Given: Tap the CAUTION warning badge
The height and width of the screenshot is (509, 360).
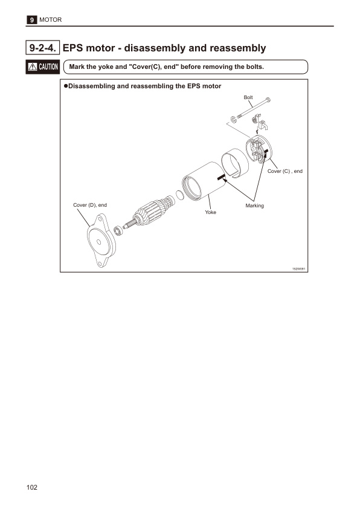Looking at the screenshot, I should [42, 66].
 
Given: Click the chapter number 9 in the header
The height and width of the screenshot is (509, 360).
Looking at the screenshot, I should [31, 21].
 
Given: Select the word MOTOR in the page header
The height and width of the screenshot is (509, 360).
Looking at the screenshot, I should [50, 21].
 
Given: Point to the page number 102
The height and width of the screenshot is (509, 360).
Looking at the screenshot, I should [32, 487].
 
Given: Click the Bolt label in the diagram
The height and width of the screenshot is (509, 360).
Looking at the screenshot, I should [248, 97].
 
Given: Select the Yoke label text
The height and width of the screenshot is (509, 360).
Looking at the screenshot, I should [210, 213].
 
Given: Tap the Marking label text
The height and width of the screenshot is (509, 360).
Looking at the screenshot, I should [254, 206].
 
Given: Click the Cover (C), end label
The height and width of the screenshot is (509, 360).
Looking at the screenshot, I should [284, 171].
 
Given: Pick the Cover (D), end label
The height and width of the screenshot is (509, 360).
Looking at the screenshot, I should [90, 206].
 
